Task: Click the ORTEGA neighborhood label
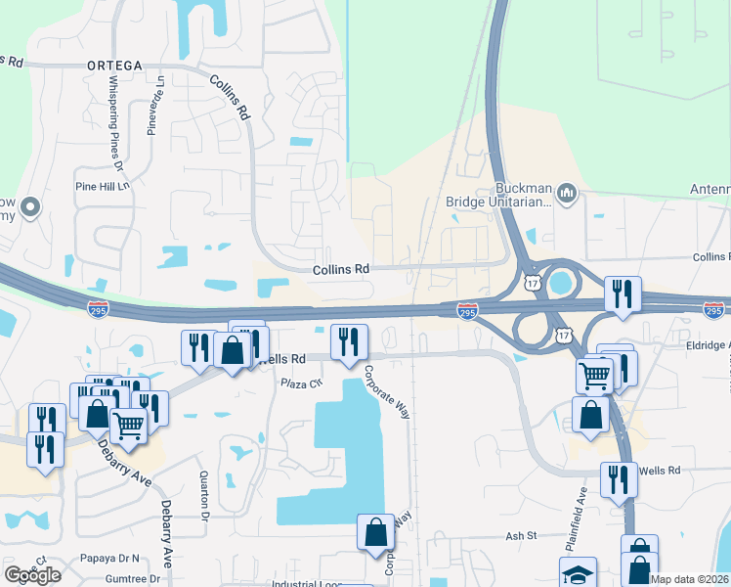click(114, 66)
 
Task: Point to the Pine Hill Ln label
click(103, 186)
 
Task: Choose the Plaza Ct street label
click(302, 383)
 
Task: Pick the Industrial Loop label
click(307, 584)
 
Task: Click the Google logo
click(33, 574)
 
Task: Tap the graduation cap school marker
click(578, 573)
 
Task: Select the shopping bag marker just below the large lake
click(375, 532)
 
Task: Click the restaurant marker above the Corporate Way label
click(349, 342)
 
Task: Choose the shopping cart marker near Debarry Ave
click(129, 426)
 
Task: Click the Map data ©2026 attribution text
click(690, 579)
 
